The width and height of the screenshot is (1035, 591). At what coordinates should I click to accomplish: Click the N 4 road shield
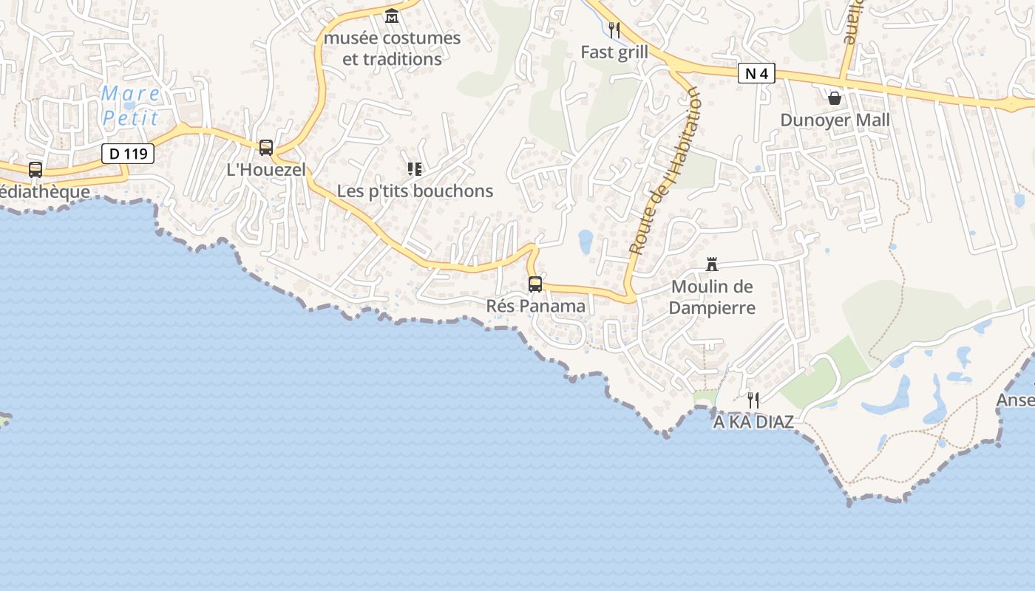[756, 73]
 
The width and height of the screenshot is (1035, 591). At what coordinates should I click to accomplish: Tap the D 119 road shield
[128, 154]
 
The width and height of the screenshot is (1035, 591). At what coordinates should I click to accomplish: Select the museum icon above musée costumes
[392, 16]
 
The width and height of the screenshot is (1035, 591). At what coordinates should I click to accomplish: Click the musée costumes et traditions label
[392, 48]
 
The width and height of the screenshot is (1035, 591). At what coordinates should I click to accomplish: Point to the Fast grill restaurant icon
[614, 30]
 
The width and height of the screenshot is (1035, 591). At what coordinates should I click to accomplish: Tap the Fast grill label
[614, 52]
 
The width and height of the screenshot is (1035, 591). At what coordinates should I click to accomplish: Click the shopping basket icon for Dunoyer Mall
[835, 98]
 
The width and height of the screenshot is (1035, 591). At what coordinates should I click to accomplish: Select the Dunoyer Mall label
[835, 120]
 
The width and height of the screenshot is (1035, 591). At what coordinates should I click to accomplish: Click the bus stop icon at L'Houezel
[266, 147]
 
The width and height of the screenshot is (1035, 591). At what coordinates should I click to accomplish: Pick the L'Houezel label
[266, 169]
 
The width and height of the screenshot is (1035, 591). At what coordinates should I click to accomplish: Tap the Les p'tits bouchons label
[415, 191]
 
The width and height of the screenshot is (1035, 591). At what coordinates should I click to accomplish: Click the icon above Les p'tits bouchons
[415, 169]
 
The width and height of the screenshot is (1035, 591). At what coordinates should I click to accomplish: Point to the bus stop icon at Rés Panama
[535, 284]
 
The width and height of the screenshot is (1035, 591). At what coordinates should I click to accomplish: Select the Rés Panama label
[536, 306]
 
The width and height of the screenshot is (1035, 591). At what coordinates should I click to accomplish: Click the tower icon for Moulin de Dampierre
[712, 264]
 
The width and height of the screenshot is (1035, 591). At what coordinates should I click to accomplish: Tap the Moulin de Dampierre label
[712, 297]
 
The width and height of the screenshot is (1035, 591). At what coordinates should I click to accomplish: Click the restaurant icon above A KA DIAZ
[753, 400]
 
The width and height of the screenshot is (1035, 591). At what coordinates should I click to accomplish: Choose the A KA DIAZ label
[753, 422]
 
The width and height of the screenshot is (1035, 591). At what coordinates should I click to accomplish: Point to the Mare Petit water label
[131, 106]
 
